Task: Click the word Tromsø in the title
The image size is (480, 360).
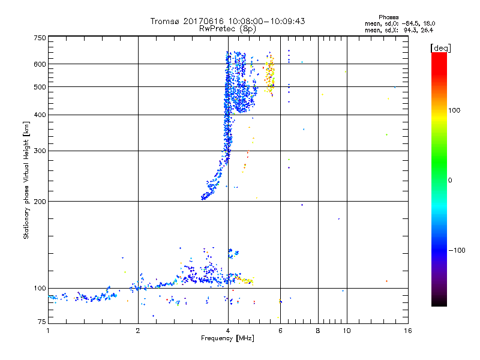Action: pos(165,21)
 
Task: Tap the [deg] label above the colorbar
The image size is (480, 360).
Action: pos(441,47)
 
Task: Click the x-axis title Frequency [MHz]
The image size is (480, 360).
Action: pos(227,339)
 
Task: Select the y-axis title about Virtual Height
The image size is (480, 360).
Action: pos(26,181)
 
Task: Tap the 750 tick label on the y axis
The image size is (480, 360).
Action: pos(40,37)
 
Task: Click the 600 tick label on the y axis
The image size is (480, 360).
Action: pos(40,64)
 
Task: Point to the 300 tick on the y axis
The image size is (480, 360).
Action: pos(40,151)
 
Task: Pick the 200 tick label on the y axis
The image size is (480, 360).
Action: pos(40,201)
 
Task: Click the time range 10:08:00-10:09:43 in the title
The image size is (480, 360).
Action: pos(264,21)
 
